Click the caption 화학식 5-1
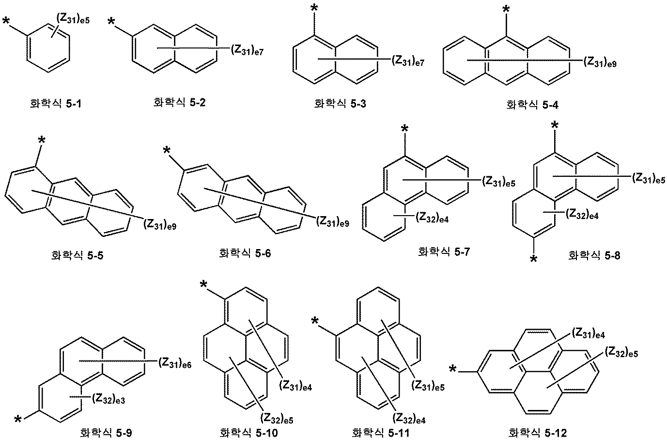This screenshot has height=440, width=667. tap(56, 104)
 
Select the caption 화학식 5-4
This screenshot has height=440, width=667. tap(532, 105)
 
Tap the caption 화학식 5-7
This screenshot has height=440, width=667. tap(444, 252)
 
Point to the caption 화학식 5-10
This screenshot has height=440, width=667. tap(248, 432)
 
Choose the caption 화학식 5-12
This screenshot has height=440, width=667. tap(538, 432)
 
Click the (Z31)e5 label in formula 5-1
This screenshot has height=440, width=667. tap(73, 19)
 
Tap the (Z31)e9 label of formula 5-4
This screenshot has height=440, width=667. tap(600, 62)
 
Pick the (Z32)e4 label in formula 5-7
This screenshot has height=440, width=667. tap(432, 218)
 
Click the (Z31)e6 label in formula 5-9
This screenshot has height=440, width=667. tap(175, 363)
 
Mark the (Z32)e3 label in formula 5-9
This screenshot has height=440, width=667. tap(109, 399)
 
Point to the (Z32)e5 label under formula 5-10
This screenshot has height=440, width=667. tap(277, 418)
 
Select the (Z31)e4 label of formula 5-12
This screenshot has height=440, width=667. tap(589, 334)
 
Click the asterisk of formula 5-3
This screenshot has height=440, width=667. tap(314, 8)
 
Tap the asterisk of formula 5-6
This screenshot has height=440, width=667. tap(167, 150)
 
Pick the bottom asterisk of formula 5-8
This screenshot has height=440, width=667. tap(534, 259)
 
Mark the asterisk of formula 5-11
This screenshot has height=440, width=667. tap(315, 321)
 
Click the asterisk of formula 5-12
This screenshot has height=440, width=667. tap(452, 369)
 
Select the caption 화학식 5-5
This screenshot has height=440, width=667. tap(78, 255)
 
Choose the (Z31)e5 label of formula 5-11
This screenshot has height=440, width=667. tap(428, 386)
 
